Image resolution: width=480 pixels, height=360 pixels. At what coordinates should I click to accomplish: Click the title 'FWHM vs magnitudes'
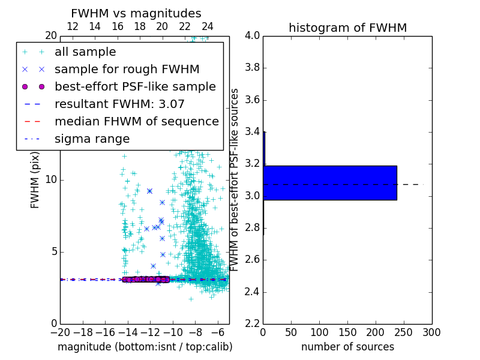[136, 13]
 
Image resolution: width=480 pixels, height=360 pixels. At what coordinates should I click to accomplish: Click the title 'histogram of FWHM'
[347, 28]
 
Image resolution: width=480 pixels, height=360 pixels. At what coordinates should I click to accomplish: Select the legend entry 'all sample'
[85, 52]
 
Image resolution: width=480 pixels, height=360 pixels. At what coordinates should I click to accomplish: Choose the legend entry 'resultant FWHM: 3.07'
[119, 104]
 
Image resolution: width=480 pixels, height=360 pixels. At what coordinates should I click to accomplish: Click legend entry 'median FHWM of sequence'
[136, 121]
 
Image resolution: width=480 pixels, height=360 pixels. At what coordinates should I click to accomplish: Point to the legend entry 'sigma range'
[92, 139]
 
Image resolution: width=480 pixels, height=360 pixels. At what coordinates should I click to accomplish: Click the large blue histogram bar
[330, 182]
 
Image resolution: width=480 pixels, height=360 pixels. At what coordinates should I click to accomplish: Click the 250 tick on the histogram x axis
[404, 332]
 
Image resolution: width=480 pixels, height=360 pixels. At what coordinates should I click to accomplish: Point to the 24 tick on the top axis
[207, 26]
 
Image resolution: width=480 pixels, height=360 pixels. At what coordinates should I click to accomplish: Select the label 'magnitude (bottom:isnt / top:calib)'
[145, 347]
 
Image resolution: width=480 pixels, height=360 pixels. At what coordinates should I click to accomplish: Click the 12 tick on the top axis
[73, 26]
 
